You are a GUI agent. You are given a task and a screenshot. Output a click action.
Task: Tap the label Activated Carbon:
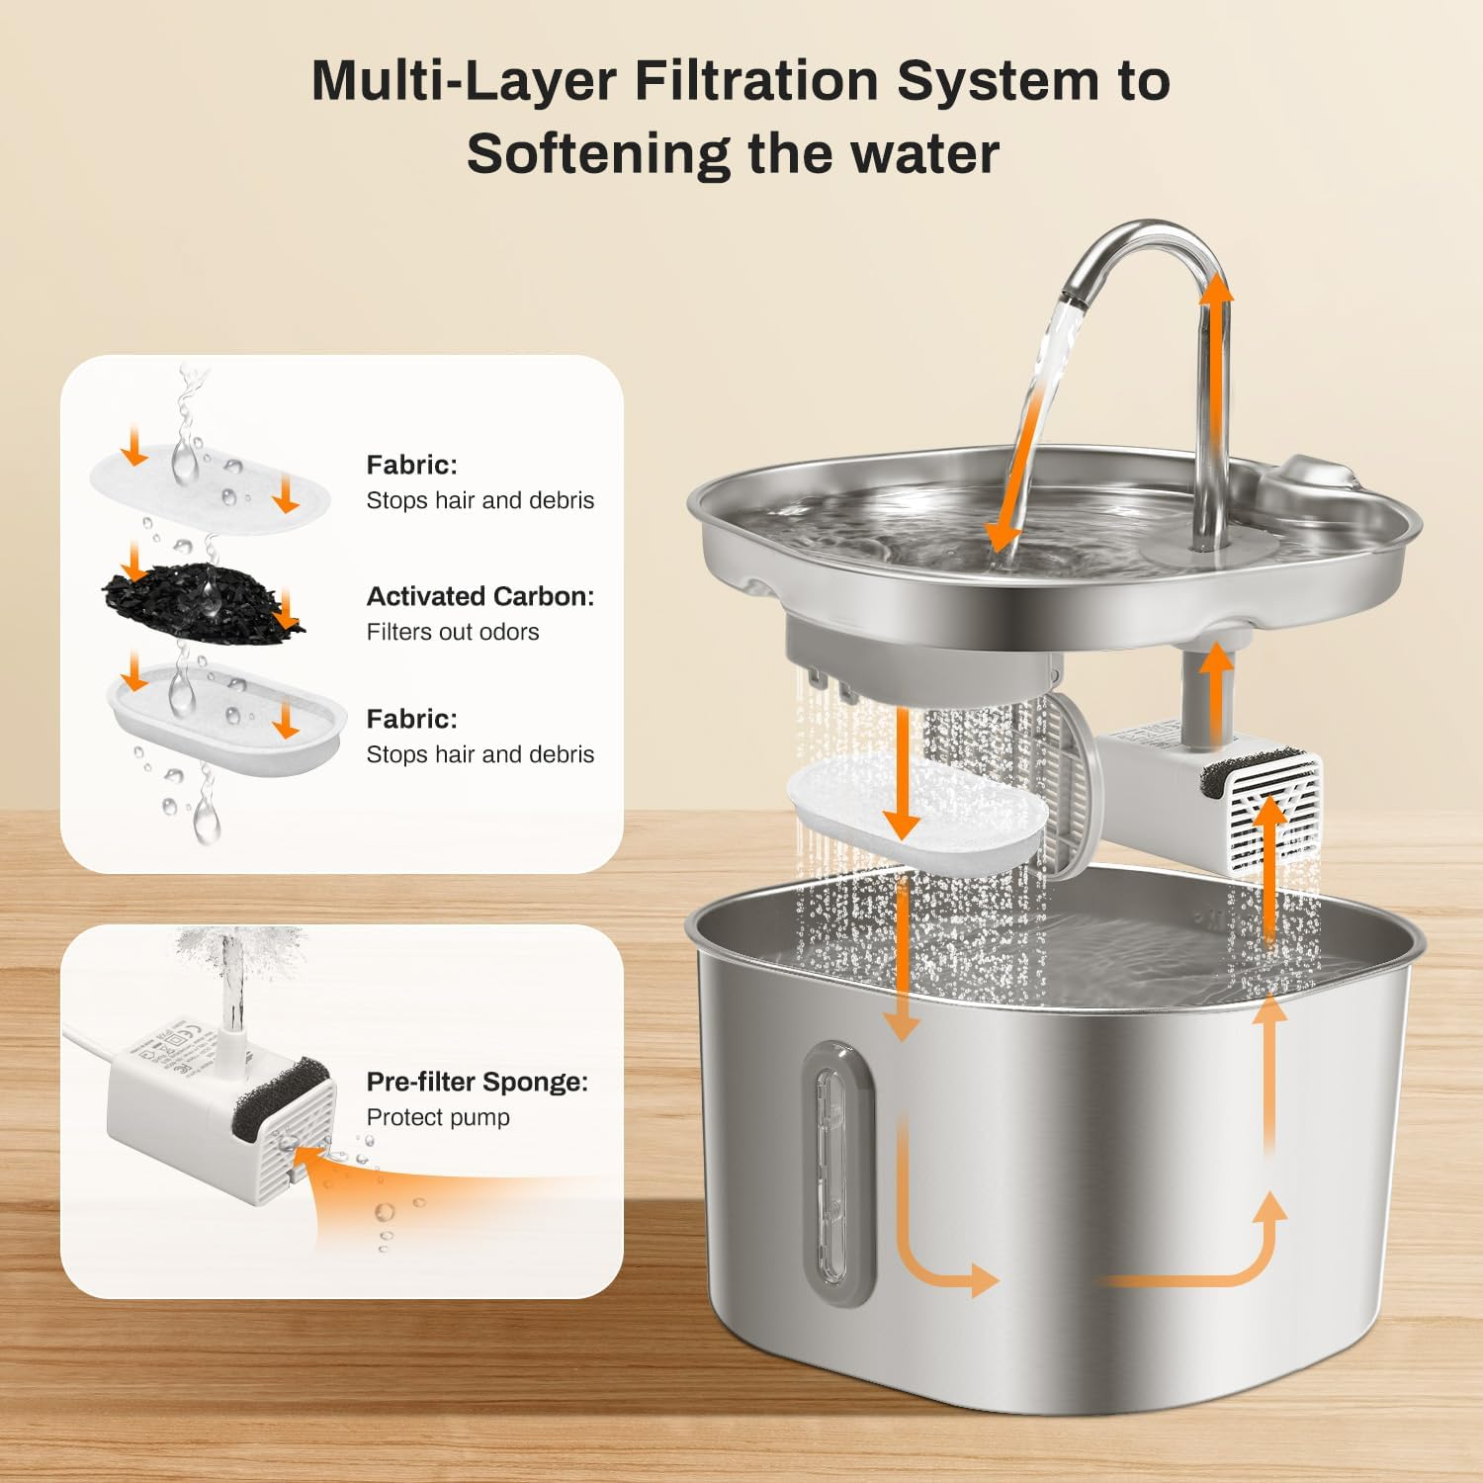480,596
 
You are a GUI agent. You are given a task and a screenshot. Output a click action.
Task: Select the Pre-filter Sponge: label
478,1082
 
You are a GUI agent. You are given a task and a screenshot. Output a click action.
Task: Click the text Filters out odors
453,632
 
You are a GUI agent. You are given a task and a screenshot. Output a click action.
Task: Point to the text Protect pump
438,1117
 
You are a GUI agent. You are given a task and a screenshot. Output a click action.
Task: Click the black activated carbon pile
203,595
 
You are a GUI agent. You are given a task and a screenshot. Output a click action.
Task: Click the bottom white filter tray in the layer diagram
226,720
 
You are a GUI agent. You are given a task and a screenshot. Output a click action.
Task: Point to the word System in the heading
998,80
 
